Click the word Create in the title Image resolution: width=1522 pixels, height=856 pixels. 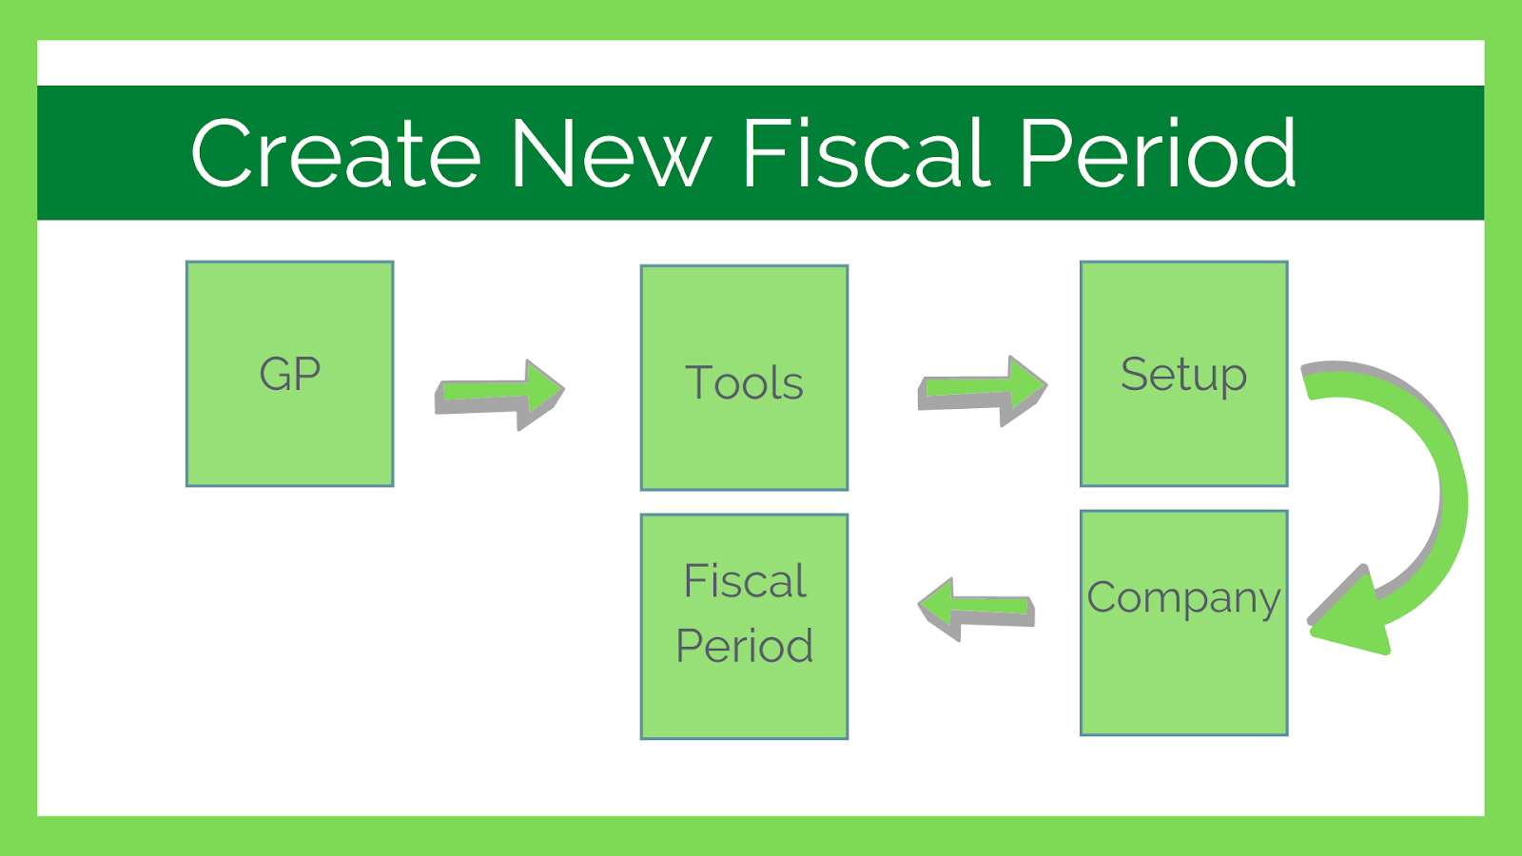[x=337, y=153]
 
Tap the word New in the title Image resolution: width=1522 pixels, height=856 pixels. [x=613, y=153]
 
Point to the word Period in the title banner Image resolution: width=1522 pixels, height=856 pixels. [x=1159, y=152]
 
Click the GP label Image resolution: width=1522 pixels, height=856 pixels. [x=290, y=374]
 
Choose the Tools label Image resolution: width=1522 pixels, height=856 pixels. [x=744, y=381]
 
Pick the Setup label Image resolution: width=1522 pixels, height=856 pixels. [x=1183, y=375]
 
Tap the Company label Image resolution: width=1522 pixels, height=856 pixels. [x=1183, y=599]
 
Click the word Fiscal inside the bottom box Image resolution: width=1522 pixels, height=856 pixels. [x=745, y=581]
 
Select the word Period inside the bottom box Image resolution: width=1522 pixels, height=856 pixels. [x=745, y=645]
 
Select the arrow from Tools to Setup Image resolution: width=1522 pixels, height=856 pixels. [x=983, y=391]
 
